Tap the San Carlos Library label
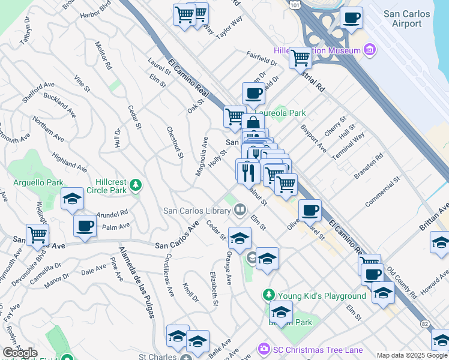pyautogui.click(x=197, y=211)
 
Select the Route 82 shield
pyautogui.click(x=425, y=325)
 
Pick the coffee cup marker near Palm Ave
pyautogui.click(x=85, y=226)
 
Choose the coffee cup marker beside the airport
pyautogui.click(x=351, y=17)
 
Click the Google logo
pyautogui.click(x=20, y=353)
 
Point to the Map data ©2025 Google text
pyautogui.click(x=411, y=355)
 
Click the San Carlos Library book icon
pyautogui.click(x=240, y=209)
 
